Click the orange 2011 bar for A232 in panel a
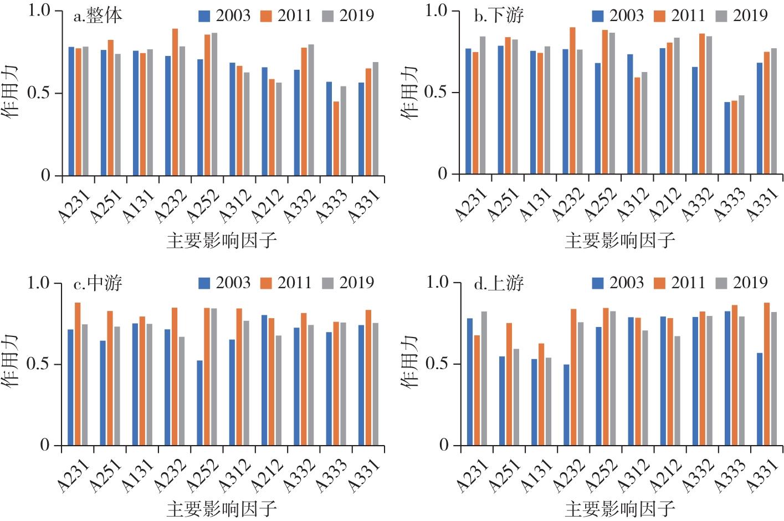[x=175, y=102]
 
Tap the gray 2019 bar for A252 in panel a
[x=214, y=104]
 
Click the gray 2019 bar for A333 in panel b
[x=741, y=135]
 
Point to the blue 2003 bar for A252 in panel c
[x=199, y=403]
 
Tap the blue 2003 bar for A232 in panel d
[x=567, y=405]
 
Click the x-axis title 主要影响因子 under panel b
[x=619, y=241]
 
